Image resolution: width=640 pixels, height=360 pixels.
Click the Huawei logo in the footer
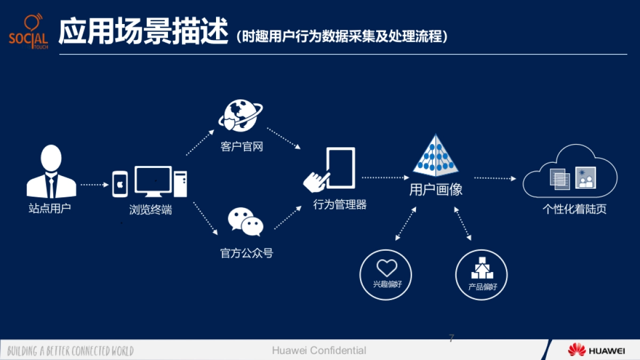pos(596,350)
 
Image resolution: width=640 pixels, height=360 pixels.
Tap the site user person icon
pos(51,172)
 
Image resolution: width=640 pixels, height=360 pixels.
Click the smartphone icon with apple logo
pos(121,184)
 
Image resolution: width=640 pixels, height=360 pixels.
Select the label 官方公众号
pos(246,253)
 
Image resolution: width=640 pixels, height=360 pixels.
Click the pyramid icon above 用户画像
pos(436,156)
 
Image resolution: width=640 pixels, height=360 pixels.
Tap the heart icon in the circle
pos(387,268)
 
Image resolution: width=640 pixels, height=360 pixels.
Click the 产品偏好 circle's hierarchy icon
pos(482,268)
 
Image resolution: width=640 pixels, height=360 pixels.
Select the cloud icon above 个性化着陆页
pos(570,173)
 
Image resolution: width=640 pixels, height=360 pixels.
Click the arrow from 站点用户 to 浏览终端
pos(94,185)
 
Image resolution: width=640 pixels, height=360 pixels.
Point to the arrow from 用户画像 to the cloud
pos(495,178)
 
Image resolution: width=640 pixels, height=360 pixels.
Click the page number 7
pos(451,338)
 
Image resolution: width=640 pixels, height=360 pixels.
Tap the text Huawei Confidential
pos(319,350)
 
